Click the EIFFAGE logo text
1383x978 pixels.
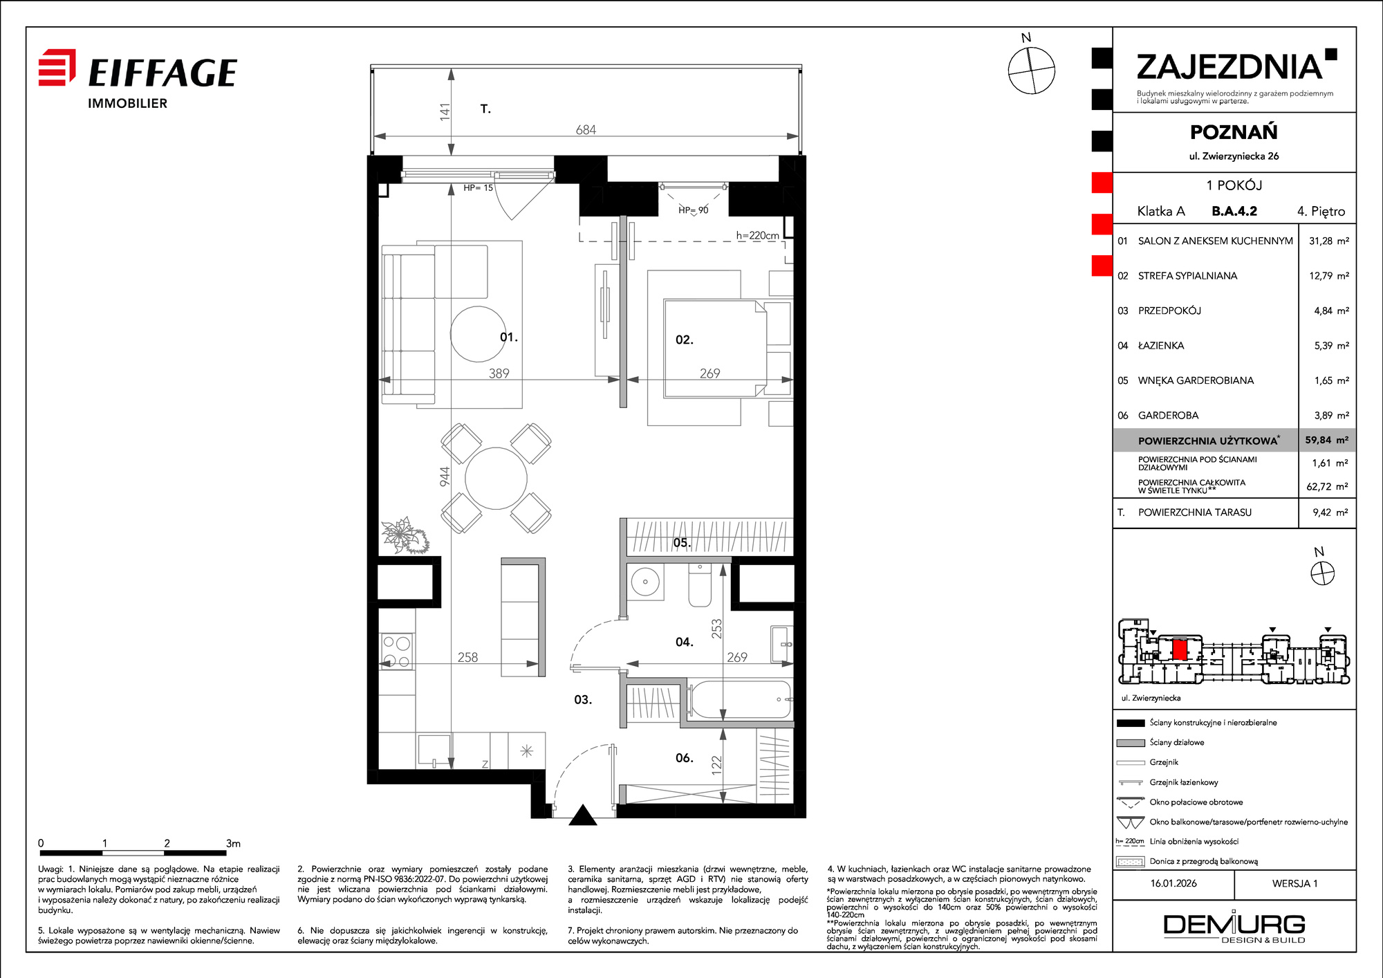click(x=163, y=73)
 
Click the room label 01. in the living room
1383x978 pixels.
click(x=509, y=337)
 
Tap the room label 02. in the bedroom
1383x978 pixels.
click(x=684, y=340)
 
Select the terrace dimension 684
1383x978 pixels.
click(x=586, y=129)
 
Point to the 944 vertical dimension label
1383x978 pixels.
click(x=445, y=476)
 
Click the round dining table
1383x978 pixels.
click(x=496, y=478)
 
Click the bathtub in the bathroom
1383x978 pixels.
click(x=740, y=699)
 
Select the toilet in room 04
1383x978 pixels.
click(x=700, y=584)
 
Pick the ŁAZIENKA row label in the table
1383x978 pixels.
click(x=1161, y=345)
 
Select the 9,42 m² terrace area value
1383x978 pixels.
click(x=1330, y=513)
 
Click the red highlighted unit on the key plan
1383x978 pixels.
click(x=1180, y=649)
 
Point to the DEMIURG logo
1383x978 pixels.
click(x=1234, y=926)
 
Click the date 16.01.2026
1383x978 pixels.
click(x=1173, y=883)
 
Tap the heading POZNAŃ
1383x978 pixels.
click(x=1234, y=132)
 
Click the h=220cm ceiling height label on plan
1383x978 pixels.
click(x=757, y=235)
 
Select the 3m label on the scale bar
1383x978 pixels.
click(x=233, y=843)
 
